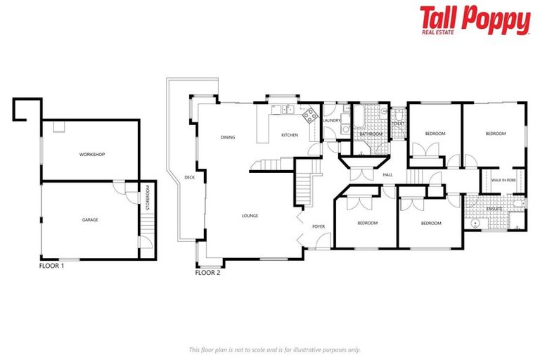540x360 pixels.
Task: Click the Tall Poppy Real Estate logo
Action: point(475,20)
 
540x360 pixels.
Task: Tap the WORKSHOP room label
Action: point(92,154)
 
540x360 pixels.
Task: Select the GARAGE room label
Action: point(90,220)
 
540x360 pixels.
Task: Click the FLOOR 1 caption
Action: point(52,266)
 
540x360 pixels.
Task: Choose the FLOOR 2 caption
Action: point(207,272)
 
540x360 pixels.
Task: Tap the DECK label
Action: point(189,177)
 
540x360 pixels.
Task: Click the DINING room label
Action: point(227,137)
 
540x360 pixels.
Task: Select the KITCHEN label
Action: point(290,135)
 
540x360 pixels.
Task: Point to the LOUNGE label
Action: point(250,216)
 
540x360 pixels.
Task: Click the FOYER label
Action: point(317,226)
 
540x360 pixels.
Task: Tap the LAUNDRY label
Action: point(331,120)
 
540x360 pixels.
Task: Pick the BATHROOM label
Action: point(371,134)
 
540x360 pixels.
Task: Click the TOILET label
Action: point(398,124)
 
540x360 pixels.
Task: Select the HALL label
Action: point(387,175)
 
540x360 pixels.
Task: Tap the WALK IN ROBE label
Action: point(503,181)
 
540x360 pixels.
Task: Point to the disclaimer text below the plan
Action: point(274,349)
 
